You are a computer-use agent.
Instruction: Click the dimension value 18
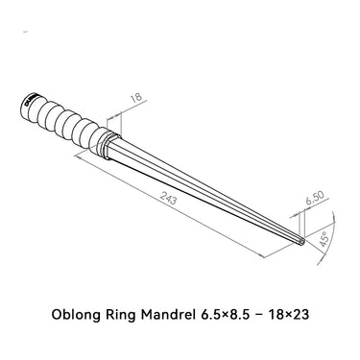point(135,96)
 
